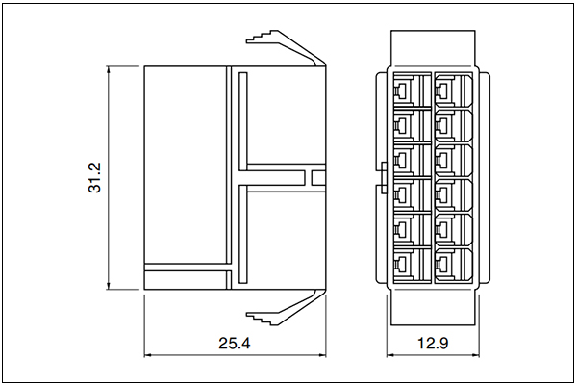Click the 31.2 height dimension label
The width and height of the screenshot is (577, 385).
click(x=94, y=178)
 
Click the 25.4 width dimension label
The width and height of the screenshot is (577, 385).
click(x=235, y=343)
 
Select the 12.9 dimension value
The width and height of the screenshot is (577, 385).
click(x=433, y=343)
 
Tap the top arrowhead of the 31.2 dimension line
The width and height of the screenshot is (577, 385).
click(x=108, y=70)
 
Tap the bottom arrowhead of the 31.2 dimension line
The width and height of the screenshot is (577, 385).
click(x=108, y=286)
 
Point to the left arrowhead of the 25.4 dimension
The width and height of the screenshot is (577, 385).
click(x=148, y=355)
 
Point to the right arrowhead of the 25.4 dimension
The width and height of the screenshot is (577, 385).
click(x=321, y=355)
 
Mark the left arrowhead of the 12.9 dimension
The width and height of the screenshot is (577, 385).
click(x=390, y=355)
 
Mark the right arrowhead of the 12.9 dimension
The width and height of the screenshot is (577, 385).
click(x=475, y=355)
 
